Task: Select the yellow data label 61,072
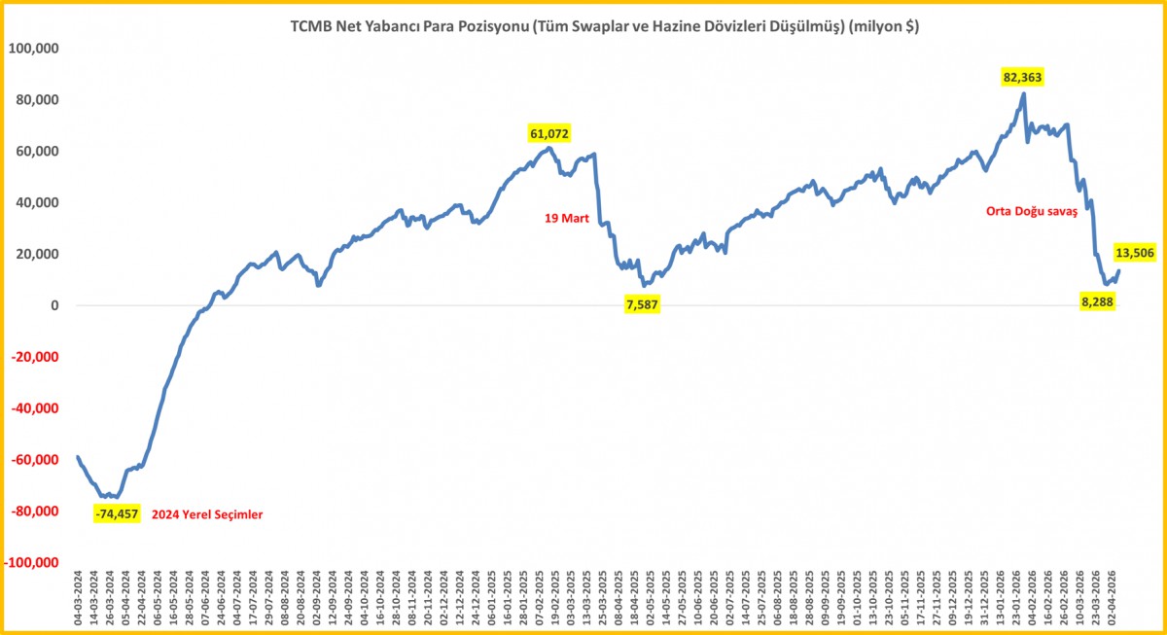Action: tap(549, 132)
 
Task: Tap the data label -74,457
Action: tap(119, 513)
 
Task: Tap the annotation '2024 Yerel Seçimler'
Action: tap(209, 513)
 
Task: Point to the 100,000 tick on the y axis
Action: tap(34, 49)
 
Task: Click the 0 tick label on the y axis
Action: tap(55, 305)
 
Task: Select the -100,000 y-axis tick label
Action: tap(31, 563)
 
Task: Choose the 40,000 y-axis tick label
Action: tap(38, 202)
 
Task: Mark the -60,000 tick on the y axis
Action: tap(35, 460)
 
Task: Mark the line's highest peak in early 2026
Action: tap(1024, 93)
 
